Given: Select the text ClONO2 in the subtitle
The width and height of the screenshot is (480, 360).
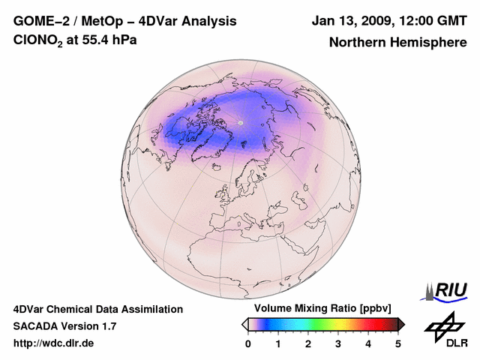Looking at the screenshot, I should tap(38, 40).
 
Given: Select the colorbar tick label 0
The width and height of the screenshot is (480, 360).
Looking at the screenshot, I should tap(248, 343).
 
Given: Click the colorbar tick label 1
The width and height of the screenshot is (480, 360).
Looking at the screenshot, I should tap(278, 343).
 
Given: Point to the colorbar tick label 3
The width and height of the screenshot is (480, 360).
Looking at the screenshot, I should tap(338, 343).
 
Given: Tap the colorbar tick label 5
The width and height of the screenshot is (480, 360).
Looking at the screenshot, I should tap(398, 343).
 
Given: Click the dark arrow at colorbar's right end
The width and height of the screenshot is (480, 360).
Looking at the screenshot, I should tap(401, 324).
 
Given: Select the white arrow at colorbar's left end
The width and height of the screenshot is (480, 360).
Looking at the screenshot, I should tap(244, 324).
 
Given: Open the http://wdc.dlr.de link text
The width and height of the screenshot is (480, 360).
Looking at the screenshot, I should tap(54, 343).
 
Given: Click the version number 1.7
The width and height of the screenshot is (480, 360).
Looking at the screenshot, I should tap(107, 326).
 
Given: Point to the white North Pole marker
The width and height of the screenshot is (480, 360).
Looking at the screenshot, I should tap(241, 121).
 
